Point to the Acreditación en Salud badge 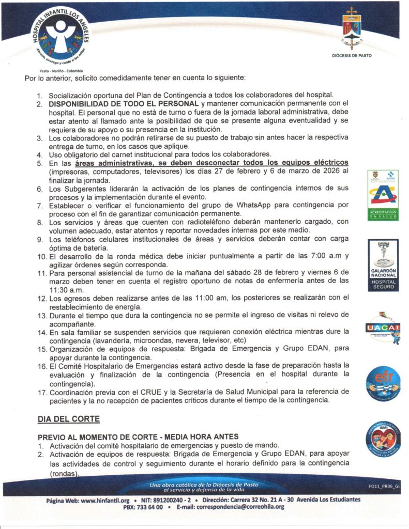(383, 195)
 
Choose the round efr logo (383, 384)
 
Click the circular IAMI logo (383, 438)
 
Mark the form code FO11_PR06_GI (384, 486)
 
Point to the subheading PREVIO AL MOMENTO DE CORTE (107, 437)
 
